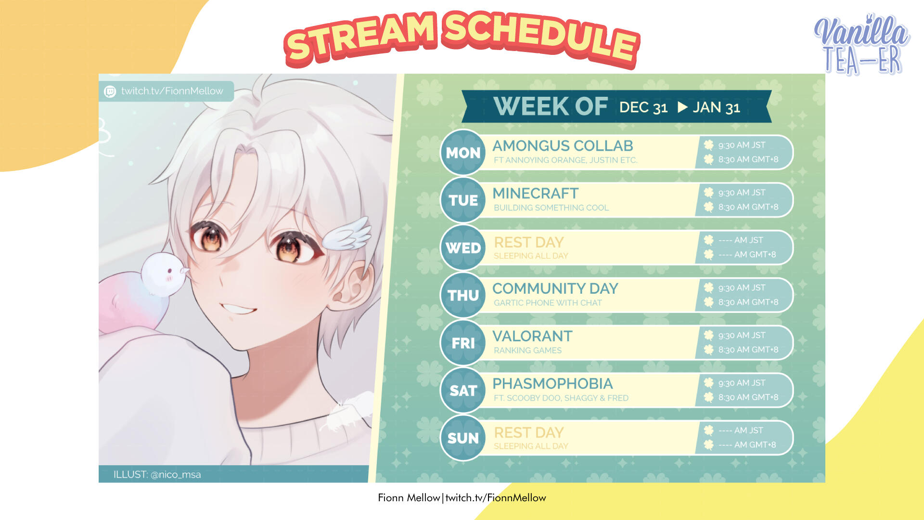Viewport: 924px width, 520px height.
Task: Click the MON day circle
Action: (x=463, y=152)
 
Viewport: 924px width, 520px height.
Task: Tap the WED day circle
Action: (x=463, y=247)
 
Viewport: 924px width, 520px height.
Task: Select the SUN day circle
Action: (x=463, y=438)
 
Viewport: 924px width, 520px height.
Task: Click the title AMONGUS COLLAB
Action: (x=563, y=145)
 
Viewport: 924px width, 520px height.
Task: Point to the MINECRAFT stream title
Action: (x=535, y=193)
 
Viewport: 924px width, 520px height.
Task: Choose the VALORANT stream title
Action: (x=532, y=336)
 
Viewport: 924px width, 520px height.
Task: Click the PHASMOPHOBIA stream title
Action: (x=552, y=383)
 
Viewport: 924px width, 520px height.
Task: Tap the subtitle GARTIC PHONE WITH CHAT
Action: (x=548, y=303)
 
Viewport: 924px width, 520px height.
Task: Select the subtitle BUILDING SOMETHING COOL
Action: (x=551, y=208)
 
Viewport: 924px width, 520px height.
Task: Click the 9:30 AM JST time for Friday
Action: (x=742, y=335)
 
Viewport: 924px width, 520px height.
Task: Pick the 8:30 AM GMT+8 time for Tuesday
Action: (x=748, y=207)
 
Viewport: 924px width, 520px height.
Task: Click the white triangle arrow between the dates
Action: (x=682, y=107)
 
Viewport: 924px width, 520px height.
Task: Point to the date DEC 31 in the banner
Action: (x=643, y=107)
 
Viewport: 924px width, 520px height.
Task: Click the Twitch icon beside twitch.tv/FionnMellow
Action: (x=110, y=91)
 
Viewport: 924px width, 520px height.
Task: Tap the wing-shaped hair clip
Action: (x=346, y=234)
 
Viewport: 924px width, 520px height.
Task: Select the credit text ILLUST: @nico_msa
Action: (x=157, y=474)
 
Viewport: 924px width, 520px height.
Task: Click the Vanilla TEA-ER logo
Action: (x=861, y=44)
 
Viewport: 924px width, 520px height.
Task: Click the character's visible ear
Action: (x=351, y=284)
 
